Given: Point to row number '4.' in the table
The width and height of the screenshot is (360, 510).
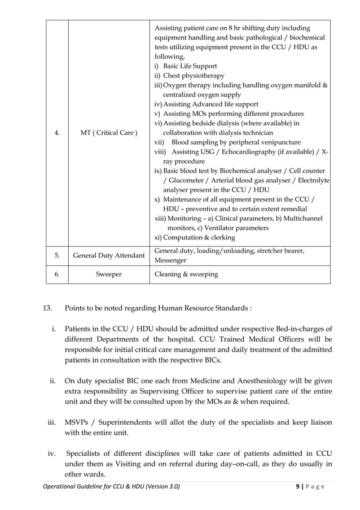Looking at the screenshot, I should click(x=56, y=133).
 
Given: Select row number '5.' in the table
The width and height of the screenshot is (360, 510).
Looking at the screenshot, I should click(x=56, y=255).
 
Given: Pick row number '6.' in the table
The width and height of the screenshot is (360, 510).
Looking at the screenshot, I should click(x=56, y=274).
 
